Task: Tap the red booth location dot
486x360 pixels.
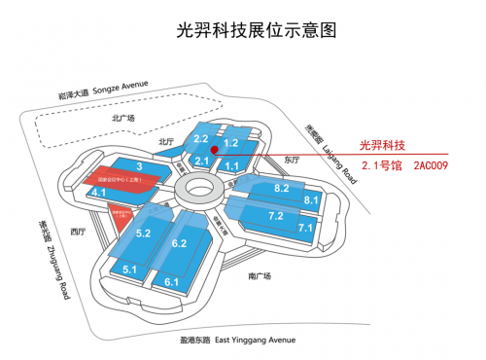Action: coord(226,149)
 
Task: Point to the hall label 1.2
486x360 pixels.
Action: coord(231,143)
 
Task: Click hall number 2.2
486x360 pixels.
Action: coord(203,140)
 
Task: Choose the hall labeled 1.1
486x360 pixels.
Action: coord(232,166)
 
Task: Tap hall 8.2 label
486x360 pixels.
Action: coord(282,187)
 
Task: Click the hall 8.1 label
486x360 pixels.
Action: coord(312,199)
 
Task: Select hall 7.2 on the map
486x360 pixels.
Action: coord(275,215)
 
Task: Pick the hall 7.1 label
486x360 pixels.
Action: coord(305,228)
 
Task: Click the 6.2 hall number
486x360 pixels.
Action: coord(179,242)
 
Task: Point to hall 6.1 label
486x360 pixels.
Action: coord(172,281)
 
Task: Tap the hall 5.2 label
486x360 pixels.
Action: coord(144,234)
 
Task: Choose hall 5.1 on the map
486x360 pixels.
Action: coord(129,269)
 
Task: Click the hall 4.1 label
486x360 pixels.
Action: coord(99,194)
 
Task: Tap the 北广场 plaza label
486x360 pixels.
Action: coord(123,119)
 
